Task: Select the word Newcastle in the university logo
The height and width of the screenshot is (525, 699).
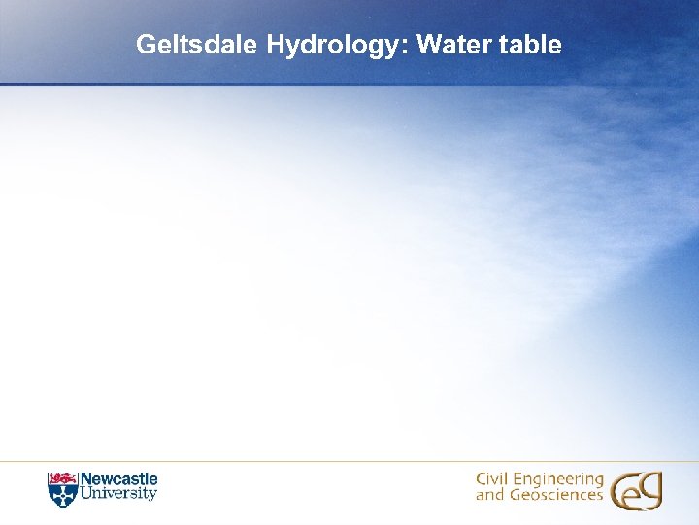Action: [118, 479]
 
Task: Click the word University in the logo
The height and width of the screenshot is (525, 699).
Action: [118, 493]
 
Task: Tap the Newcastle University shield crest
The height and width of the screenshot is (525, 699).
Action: [61, 489]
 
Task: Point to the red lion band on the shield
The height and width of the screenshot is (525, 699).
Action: [61, 478]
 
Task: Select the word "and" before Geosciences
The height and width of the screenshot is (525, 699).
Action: [487, 495]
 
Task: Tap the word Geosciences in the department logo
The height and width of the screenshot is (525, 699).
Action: [553, 495]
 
